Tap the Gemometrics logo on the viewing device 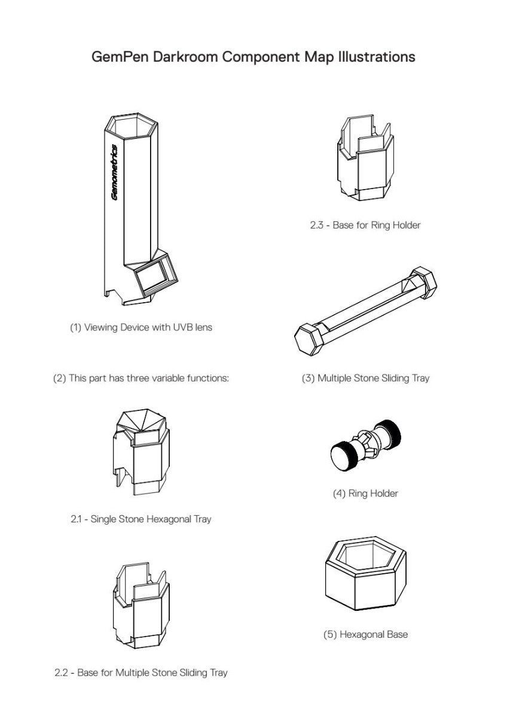114,172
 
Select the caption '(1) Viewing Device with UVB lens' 141,327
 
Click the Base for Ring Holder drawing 365,157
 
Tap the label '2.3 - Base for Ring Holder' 365,225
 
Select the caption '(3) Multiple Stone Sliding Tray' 365,378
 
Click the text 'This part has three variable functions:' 149,378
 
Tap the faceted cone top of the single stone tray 141,421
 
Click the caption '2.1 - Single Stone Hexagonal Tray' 141,519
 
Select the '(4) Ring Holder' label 365,493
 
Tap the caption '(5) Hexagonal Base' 365,634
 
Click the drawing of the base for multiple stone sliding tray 141,606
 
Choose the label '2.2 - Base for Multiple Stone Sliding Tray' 141,673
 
